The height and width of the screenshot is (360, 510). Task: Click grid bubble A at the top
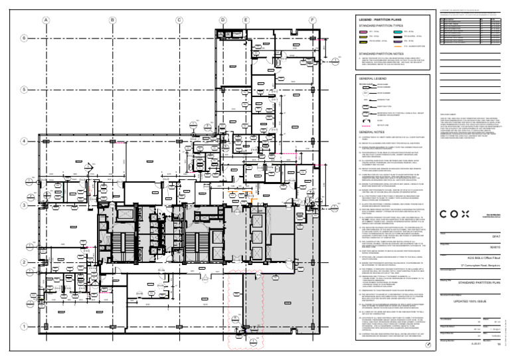46,20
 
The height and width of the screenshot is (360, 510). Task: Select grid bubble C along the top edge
179,20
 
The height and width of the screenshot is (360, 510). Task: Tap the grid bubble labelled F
311,20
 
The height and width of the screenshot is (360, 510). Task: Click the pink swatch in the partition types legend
363,31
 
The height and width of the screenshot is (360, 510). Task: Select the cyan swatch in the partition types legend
398,31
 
